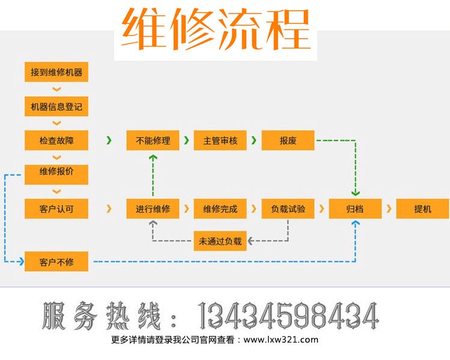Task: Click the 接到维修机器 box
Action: pos(56,73)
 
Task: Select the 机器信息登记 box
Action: pos(56,107)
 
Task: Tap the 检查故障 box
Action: pos(56,141)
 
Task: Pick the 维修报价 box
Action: pos(56,174)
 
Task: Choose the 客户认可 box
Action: pos(56,209)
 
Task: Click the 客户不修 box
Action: pos(56,261)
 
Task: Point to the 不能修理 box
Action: pos(153,141)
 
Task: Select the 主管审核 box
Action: pos(220,141)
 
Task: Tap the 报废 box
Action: pos(288,141)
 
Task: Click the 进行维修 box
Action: pos(153,209)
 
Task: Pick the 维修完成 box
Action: pos(220,209)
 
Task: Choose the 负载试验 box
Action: pos(288,209)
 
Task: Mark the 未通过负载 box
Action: pos(220,242)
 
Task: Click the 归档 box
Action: pos(355,209)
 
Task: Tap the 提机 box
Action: pos(423,209)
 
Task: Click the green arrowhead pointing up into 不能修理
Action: pos(153,157)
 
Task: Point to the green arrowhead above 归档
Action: pos(355,193)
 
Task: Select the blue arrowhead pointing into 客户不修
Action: pos(20,261)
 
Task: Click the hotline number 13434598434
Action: pos(288,316)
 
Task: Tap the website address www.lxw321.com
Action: pos(282,340)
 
